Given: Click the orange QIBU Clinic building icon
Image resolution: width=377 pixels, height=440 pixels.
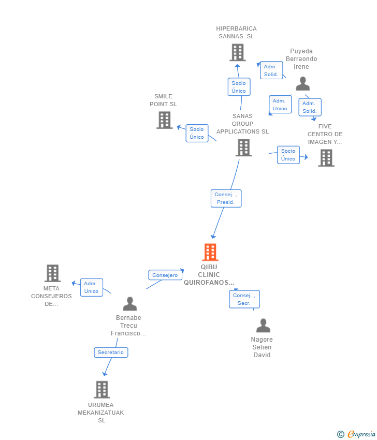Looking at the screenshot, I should (210, 252).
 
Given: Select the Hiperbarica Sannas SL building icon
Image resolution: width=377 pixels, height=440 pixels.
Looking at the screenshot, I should (237, 52).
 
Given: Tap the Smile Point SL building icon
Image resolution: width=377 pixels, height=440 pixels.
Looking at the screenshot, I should (164, 120).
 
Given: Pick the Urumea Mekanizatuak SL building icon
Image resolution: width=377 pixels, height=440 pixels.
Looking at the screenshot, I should (102, 389).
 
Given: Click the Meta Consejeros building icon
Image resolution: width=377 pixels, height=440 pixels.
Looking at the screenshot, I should (52, 273).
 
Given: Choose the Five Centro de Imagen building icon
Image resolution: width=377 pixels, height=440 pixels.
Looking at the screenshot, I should (326, 158).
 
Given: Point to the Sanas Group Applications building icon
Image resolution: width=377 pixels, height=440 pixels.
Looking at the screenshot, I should (243, 148).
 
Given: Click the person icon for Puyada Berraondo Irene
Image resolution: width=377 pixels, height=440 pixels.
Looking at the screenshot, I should (302, 84).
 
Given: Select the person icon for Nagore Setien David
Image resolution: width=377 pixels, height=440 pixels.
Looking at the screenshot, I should (263, 326).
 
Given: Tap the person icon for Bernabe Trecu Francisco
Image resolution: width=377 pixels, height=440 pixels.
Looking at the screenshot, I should (129, 304).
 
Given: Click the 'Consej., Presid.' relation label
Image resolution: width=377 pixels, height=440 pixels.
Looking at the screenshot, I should (226, 198).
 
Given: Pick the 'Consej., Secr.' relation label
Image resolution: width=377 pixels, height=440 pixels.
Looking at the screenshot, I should (244, 299).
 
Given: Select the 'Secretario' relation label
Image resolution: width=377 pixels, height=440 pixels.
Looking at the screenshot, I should (111, 352).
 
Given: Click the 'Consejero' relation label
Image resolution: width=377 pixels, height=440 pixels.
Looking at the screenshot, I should (165, 275).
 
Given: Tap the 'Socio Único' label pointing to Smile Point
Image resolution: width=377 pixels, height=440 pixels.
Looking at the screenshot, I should (197, 133).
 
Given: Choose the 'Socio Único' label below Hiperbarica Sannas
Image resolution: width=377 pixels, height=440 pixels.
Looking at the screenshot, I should (239, 87).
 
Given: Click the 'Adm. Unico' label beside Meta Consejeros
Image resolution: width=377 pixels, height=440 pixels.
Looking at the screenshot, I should (91, 287).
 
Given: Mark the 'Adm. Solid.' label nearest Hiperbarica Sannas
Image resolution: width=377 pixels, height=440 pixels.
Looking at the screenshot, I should (271, 70).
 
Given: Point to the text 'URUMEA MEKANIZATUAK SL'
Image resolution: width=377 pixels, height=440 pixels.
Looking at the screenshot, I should (102, 413).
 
